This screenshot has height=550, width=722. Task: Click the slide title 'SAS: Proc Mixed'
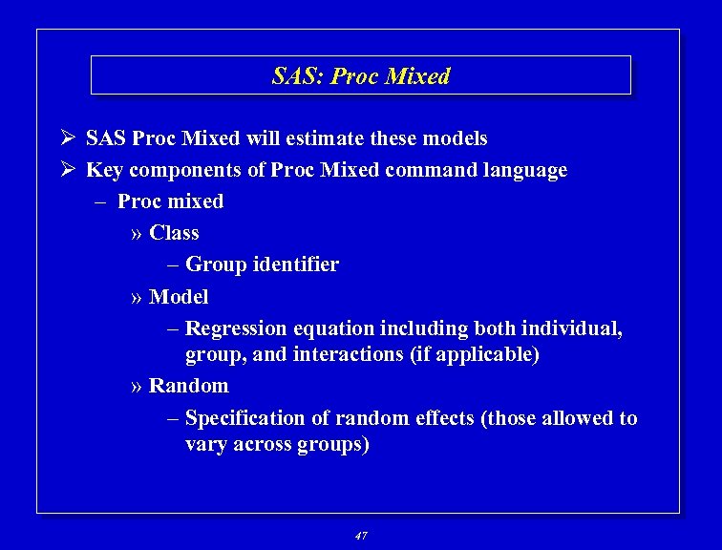(x=361, y=76)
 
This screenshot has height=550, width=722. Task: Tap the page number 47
(x=360, y=536)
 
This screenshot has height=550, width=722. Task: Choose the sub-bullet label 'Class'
(x=174, y=233)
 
